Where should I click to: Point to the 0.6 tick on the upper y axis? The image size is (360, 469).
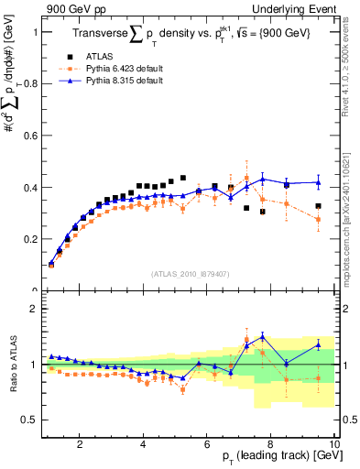click(x=29, y=136)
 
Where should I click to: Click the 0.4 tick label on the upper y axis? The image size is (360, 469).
click(x=29, y=188)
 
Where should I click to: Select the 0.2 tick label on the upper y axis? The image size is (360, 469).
click(x=29, y=239)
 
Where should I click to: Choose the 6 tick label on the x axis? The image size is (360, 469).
click(x=206, y=444)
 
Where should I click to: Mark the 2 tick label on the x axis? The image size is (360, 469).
click(x=80, y=444)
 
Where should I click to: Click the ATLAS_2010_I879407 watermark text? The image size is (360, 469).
click(x=190, y=273)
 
